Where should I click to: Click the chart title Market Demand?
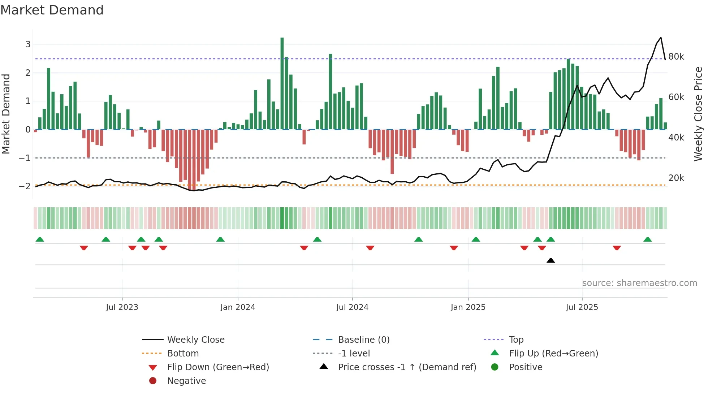tap(52, 10)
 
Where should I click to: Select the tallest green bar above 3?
tap(282, 83)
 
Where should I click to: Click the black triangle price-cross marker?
tap(551, 260)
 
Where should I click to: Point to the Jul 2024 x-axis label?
tap(352, 307)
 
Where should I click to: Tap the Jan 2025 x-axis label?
tap(468, 307)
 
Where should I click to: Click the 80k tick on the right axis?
tap(676, 57)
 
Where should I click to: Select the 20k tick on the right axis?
tap(676, 178)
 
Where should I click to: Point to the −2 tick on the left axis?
tap(25, 186)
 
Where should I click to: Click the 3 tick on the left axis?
tap(28, 44)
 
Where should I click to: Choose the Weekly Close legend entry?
tap(195, 340)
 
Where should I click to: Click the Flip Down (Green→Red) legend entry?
tap(218, 367)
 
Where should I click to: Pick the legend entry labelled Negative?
tap(186, 381)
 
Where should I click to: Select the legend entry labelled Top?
tap(516, 340)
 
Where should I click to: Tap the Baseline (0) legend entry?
tap(364, 340)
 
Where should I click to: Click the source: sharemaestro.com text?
tap(639, 283)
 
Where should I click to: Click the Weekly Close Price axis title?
tap(698, 114)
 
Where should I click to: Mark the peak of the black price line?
tap(661, 38)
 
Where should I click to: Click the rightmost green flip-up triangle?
tap(648, 239)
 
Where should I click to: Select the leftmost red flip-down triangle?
tap(84, 248)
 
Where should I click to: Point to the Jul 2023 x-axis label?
tap(122, 307)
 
